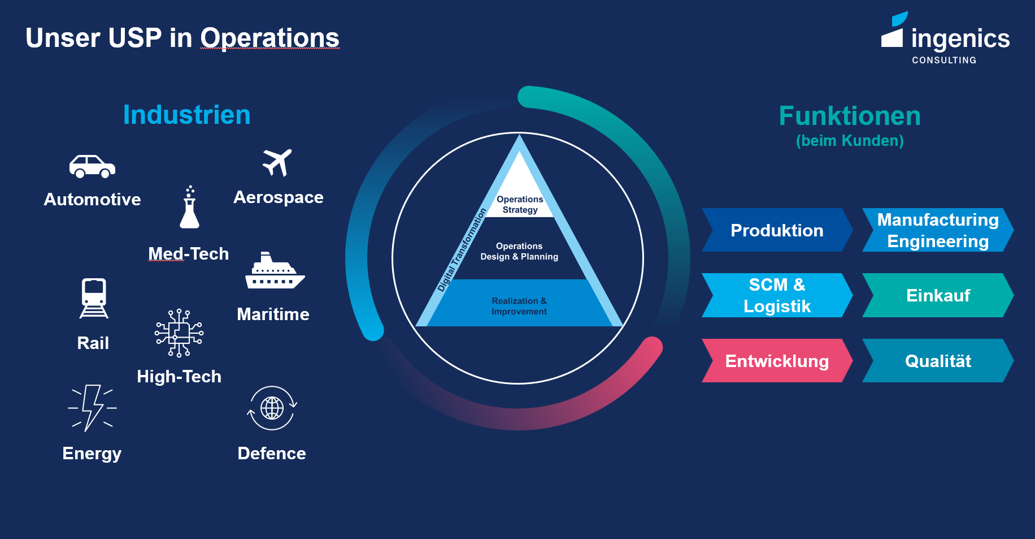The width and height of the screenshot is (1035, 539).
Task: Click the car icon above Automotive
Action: point(92,166)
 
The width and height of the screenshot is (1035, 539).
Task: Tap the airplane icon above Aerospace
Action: point(277,162)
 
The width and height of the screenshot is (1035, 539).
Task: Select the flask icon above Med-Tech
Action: point(189,208)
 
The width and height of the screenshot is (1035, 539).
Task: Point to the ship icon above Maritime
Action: point(274,271)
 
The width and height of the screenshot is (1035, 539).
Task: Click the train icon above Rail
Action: point(94,298)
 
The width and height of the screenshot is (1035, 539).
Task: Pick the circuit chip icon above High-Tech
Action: point(179,333)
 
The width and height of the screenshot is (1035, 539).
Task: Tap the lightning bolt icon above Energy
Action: point(92,408)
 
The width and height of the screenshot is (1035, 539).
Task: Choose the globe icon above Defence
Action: point(272,408)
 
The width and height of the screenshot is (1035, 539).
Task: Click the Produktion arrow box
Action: point(777,230)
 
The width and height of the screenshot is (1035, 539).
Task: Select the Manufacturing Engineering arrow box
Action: point(938,230)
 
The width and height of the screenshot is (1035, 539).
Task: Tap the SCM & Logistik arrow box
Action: point(777,295)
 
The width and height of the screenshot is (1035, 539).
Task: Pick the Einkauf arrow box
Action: point(938,295)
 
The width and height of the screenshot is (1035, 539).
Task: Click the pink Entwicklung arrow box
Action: point(777,361)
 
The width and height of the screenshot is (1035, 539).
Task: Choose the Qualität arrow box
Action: point(938,361)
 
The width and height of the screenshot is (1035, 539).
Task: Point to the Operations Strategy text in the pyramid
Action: point(520,205)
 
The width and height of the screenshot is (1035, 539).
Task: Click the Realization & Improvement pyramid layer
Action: point(519,306)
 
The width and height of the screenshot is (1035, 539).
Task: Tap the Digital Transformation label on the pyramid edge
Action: point(462,250)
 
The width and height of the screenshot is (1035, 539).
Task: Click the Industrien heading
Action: point(186,115)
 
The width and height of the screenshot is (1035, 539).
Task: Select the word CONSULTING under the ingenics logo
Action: point(944,60)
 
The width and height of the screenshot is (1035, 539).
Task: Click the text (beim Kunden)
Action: point(850,141)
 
